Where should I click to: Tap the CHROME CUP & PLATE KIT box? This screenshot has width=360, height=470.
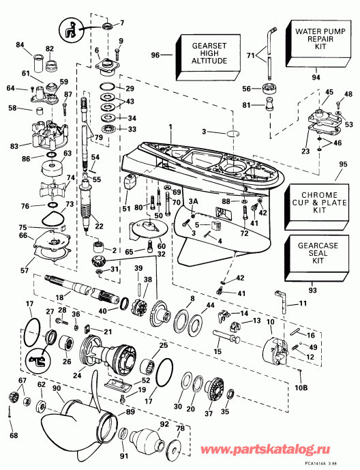320,202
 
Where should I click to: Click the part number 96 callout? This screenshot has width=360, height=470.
155,55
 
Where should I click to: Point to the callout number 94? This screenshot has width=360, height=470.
316,78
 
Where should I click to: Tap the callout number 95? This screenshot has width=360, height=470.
342,164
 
